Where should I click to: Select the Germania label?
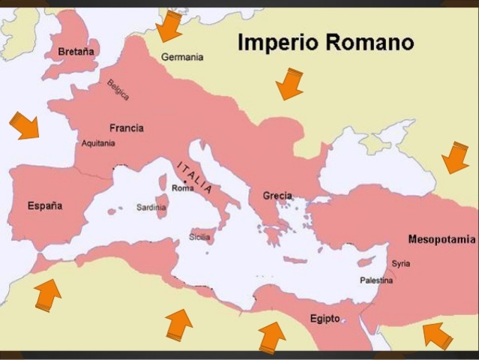pos(182,57)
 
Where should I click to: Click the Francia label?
pos(126,127)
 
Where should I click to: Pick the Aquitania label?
pos(97,143)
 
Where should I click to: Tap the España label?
pos(45,205)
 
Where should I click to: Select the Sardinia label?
pos(151,207)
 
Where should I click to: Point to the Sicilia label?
pos(199,237)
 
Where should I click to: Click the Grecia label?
pos(277,196)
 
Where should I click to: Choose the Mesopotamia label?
pos(442,239)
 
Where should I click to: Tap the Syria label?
pos(401,264)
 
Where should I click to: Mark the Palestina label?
pos(376,280)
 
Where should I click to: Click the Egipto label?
pos(325,318)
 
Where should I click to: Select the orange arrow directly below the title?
pos(289,83)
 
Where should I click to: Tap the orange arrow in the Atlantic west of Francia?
pos(25,125)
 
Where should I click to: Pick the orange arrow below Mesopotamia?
pos(438,334)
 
